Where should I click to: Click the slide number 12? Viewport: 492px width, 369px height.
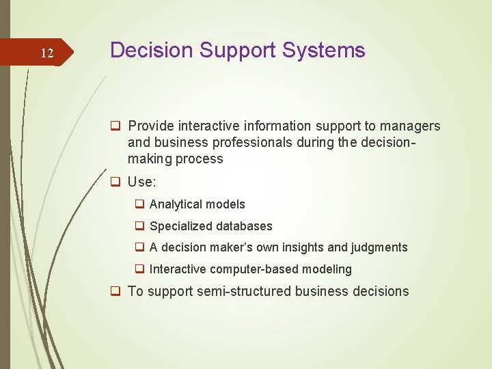click(x=46, y=53)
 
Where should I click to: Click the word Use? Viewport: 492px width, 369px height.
click(x=142, y=182)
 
